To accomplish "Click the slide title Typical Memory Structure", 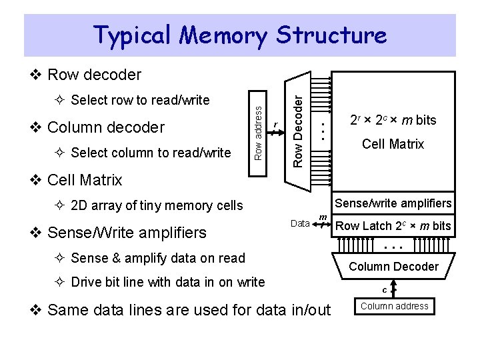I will (x=240, y=35).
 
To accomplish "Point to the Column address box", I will (x=395, y=306).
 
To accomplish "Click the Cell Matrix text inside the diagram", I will (x=393, y=144).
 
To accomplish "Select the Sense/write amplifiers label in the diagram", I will (x=393, y=203).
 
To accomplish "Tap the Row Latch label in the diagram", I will (x=393, y=226).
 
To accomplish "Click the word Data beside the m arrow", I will (x=300, y=223).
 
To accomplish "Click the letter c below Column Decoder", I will (x=385, y=290).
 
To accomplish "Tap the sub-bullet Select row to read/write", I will (x=139, y=101).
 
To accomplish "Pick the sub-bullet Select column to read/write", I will (x=150, y=153).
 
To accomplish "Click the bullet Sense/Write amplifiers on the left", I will (x=127, y=233).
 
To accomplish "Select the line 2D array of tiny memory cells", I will (x=156, y=205).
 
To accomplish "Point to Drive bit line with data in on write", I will (x=167, y=282).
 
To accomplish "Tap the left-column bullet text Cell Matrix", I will (x=85, y=180).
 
